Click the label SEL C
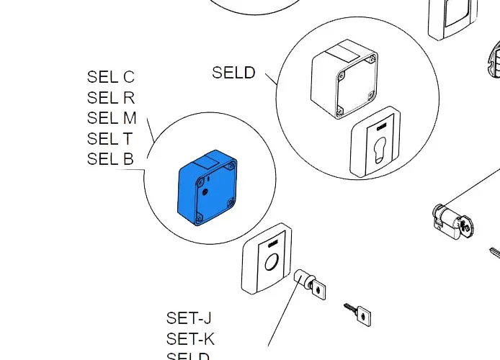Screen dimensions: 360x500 (111, 77)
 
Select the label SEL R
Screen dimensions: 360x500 (111, 98)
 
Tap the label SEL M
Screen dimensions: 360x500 (112, 118)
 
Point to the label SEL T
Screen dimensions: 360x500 (110, 139)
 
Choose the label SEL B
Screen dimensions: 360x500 (110, 159)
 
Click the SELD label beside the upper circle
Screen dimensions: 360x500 (233, 73)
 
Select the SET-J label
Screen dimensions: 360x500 (189, 318)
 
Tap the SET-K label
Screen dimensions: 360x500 (190, 338)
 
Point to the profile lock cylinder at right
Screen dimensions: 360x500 (451, 219)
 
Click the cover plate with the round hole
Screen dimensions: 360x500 (267, 263)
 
